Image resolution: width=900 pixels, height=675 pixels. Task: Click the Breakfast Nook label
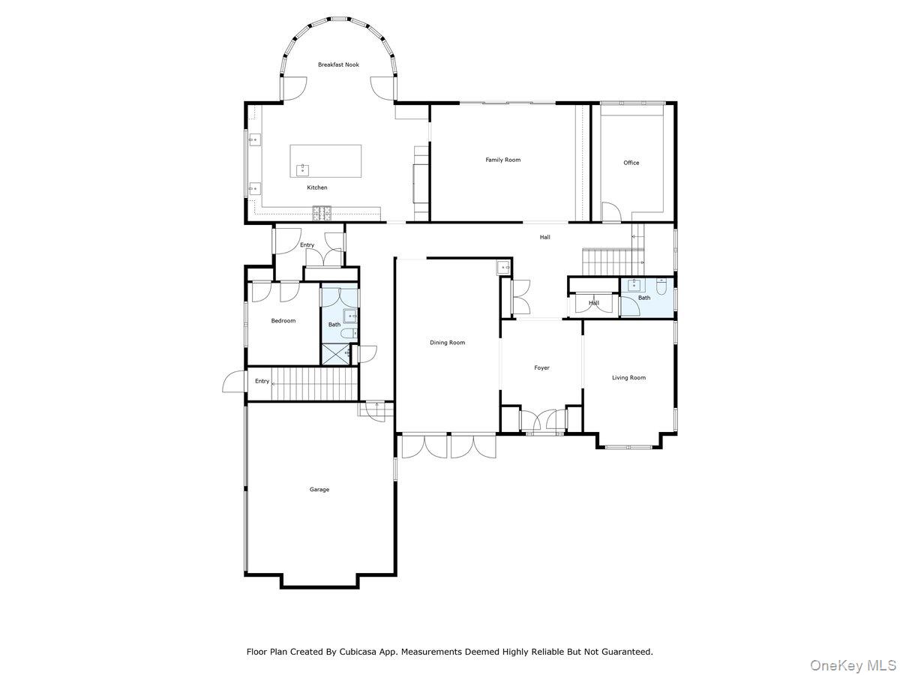(338, 64)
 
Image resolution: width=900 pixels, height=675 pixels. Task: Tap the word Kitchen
(316, 187)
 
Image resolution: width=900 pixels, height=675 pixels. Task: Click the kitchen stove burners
(322, 213)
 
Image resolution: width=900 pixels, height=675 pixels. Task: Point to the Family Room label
(502, 160)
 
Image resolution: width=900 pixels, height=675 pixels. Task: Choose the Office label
(631, 163)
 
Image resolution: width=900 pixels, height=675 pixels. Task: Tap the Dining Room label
(447, 343)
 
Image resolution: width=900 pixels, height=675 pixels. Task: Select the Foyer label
(541, 368)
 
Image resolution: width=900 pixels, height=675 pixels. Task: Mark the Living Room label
(628, 378)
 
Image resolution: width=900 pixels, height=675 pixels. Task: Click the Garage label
(319, 490)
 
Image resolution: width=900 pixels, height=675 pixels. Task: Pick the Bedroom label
(283, 321)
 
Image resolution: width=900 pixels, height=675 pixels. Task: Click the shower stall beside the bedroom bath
(335, 354)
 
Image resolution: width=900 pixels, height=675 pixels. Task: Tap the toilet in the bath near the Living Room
(661, 286)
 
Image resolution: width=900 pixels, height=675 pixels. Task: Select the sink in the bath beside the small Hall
(634, 285)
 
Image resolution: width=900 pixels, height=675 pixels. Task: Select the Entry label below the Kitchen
(307, 245)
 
